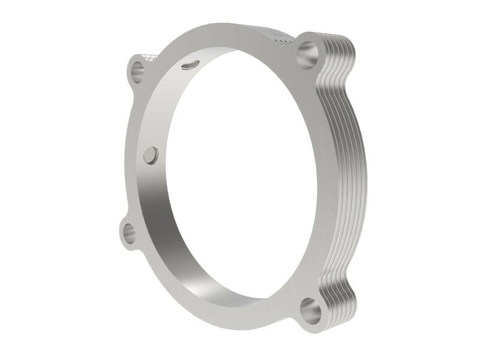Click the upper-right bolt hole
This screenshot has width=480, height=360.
308,55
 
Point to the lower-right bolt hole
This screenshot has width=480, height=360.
310,311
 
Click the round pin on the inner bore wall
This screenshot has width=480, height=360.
151,155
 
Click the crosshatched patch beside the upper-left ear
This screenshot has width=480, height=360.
151,58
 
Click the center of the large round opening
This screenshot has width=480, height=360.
240,174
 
